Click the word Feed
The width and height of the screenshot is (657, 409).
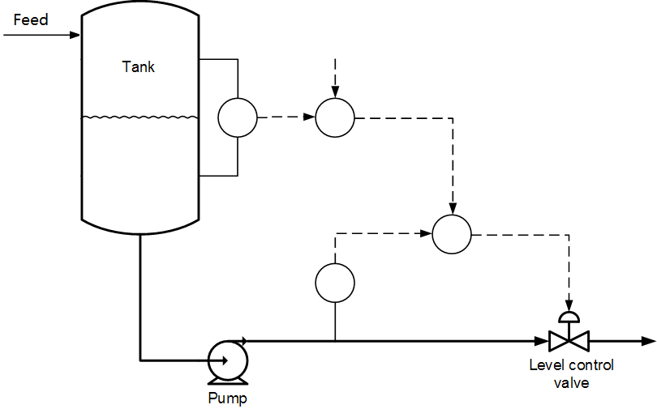pos(31,19)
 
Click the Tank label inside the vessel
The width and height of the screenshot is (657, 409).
pos(139,67)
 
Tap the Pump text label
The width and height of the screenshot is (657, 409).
pos(227,398)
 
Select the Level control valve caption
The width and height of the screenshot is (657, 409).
pos(571,373)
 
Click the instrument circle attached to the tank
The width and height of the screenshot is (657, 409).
pos(237,117)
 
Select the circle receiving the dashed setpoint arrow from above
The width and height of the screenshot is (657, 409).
pos(334,117)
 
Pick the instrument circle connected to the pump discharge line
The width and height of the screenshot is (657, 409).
pos(334,282)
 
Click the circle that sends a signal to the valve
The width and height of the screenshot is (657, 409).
pos(452,234)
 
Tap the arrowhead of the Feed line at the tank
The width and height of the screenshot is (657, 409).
pos(75,35)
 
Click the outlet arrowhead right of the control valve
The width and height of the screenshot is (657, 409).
pos(647,341)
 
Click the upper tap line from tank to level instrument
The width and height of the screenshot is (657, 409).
pos(217,59)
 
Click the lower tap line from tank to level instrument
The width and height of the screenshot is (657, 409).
pos(217,176)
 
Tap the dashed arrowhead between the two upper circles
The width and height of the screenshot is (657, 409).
pos(309,117)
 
